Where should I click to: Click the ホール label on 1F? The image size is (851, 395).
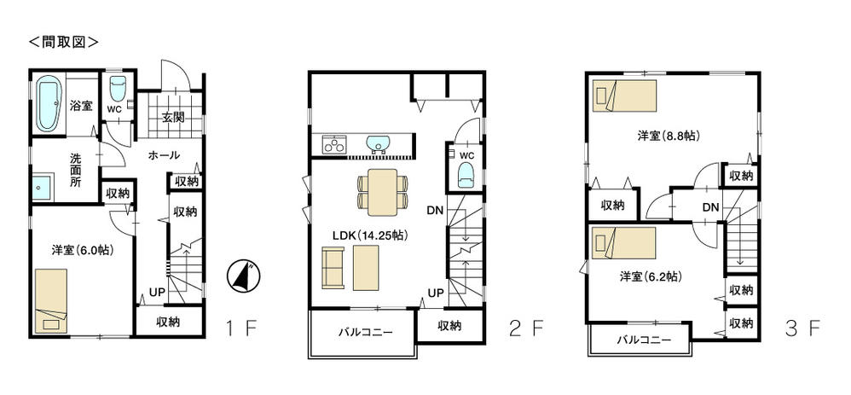point(164,155)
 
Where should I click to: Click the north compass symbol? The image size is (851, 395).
point(243,275)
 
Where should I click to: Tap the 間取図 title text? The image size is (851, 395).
point(64,40)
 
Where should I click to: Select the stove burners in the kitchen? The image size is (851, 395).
point(333,145)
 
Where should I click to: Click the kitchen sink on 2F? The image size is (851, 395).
point(377,143)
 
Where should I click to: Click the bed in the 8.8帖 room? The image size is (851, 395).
point(625,96)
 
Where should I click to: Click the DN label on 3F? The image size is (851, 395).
point(709,207)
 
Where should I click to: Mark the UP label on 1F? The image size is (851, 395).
point(157,292)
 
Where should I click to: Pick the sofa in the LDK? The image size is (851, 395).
point(333,267)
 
